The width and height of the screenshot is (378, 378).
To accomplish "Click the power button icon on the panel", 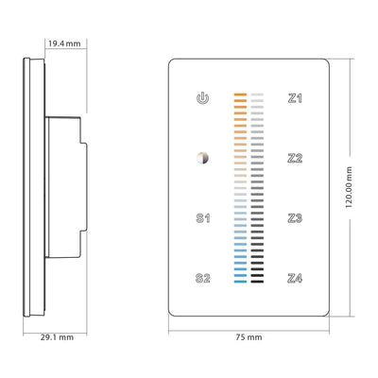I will [201, 97].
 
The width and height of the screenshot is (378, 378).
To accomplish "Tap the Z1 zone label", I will [295, 97].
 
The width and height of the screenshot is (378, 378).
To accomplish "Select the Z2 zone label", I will [295, 158].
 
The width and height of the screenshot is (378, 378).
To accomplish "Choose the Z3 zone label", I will [295, 218].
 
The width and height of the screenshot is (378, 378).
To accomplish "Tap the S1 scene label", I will [201, 218].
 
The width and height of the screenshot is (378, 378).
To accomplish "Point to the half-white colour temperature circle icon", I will [201, 158].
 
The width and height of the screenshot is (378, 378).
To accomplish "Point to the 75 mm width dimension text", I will [249, 336].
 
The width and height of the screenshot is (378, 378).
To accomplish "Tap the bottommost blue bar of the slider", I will [239, 281].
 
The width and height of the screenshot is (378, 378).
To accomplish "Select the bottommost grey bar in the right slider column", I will [262, 281].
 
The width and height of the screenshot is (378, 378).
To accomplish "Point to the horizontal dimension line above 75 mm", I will [249, 327].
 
